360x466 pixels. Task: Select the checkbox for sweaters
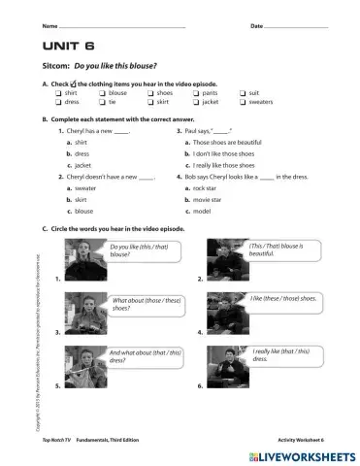[x=243, y=101]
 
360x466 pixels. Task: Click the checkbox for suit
[x=243, y=92]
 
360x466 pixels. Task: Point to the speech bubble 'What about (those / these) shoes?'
[x=146, y=306]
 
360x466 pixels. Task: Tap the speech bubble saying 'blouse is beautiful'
[x=281, y=250]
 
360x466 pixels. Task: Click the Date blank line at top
[x=295, y=24]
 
